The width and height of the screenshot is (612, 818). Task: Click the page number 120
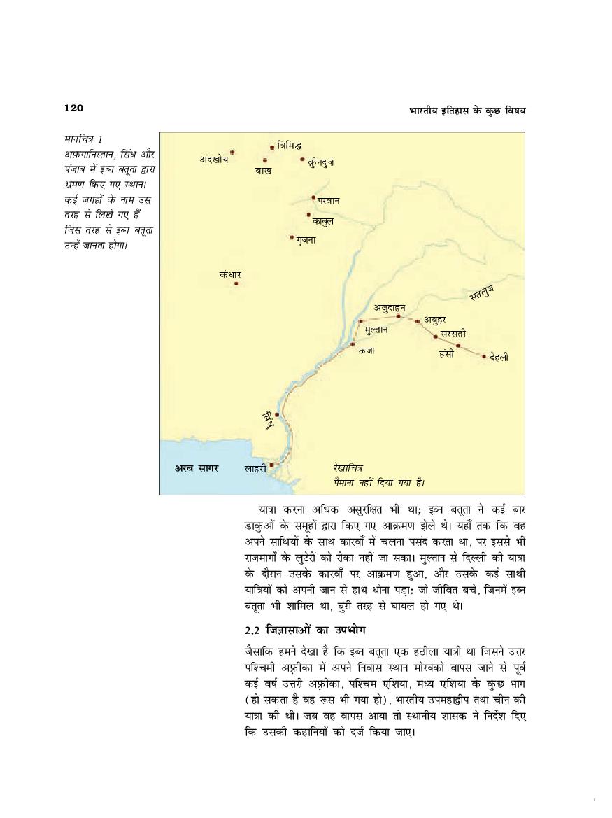pos(73,108)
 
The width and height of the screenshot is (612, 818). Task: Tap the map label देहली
pos(499,358)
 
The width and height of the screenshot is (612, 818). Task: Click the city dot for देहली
pos(484,356)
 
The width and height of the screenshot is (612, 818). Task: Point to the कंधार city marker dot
pos(236,283)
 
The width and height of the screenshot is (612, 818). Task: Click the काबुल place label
pos(323,222)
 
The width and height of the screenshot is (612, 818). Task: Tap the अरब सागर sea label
pos(196,468)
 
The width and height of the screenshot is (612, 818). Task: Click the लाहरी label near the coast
pos(255,469)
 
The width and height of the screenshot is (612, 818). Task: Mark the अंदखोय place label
pos(214,160)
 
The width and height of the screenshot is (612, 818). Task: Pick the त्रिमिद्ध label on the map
pos(289,146)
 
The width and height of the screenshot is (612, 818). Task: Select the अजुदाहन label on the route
pos(389,307)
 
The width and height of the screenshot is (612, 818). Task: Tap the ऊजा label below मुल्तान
pos(367,351)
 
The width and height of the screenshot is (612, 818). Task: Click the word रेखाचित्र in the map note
pos(348,468)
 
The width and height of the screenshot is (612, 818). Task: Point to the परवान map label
pos(329,202)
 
